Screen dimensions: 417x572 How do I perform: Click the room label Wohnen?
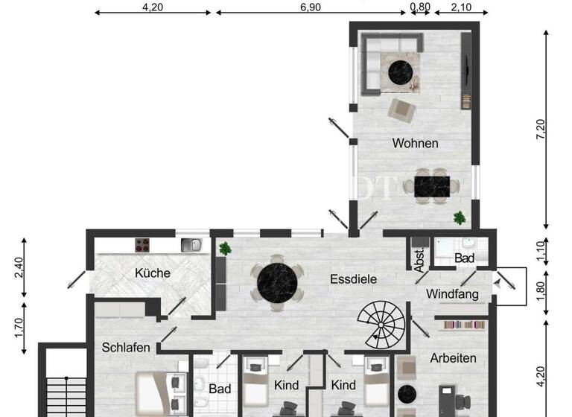pos(415,143)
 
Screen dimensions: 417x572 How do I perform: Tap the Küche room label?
pos(153,273)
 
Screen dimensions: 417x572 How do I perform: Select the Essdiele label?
pos(353,279)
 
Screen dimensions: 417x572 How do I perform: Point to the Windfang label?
pos(452,294)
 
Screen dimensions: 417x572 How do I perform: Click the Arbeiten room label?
pos(453,358)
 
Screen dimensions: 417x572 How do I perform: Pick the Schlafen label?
pos(127,347)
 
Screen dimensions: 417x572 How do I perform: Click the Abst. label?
pos(419,257)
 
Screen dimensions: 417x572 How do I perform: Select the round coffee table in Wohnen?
pos(401,71)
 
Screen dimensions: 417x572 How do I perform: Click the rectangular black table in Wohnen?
pos(432,185)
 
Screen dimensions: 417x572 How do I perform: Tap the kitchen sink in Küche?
pos(191,244)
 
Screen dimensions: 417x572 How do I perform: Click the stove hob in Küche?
pos(143,244)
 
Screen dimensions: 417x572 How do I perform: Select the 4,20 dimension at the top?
pos(152,7)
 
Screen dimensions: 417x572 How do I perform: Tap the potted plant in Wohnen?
pos(460,218)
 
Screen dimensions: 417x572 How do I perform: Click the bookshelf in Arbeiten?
pos(465,324)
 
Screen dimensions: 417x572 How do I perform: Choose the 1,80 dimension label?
pos(541,287)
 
